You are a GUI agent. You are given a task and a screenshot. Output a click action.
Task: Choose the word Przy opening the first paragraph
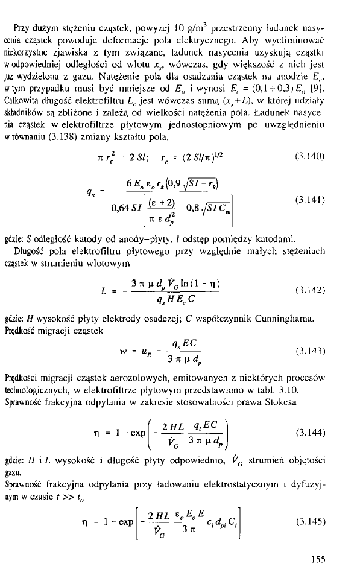tap(22, 27)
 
